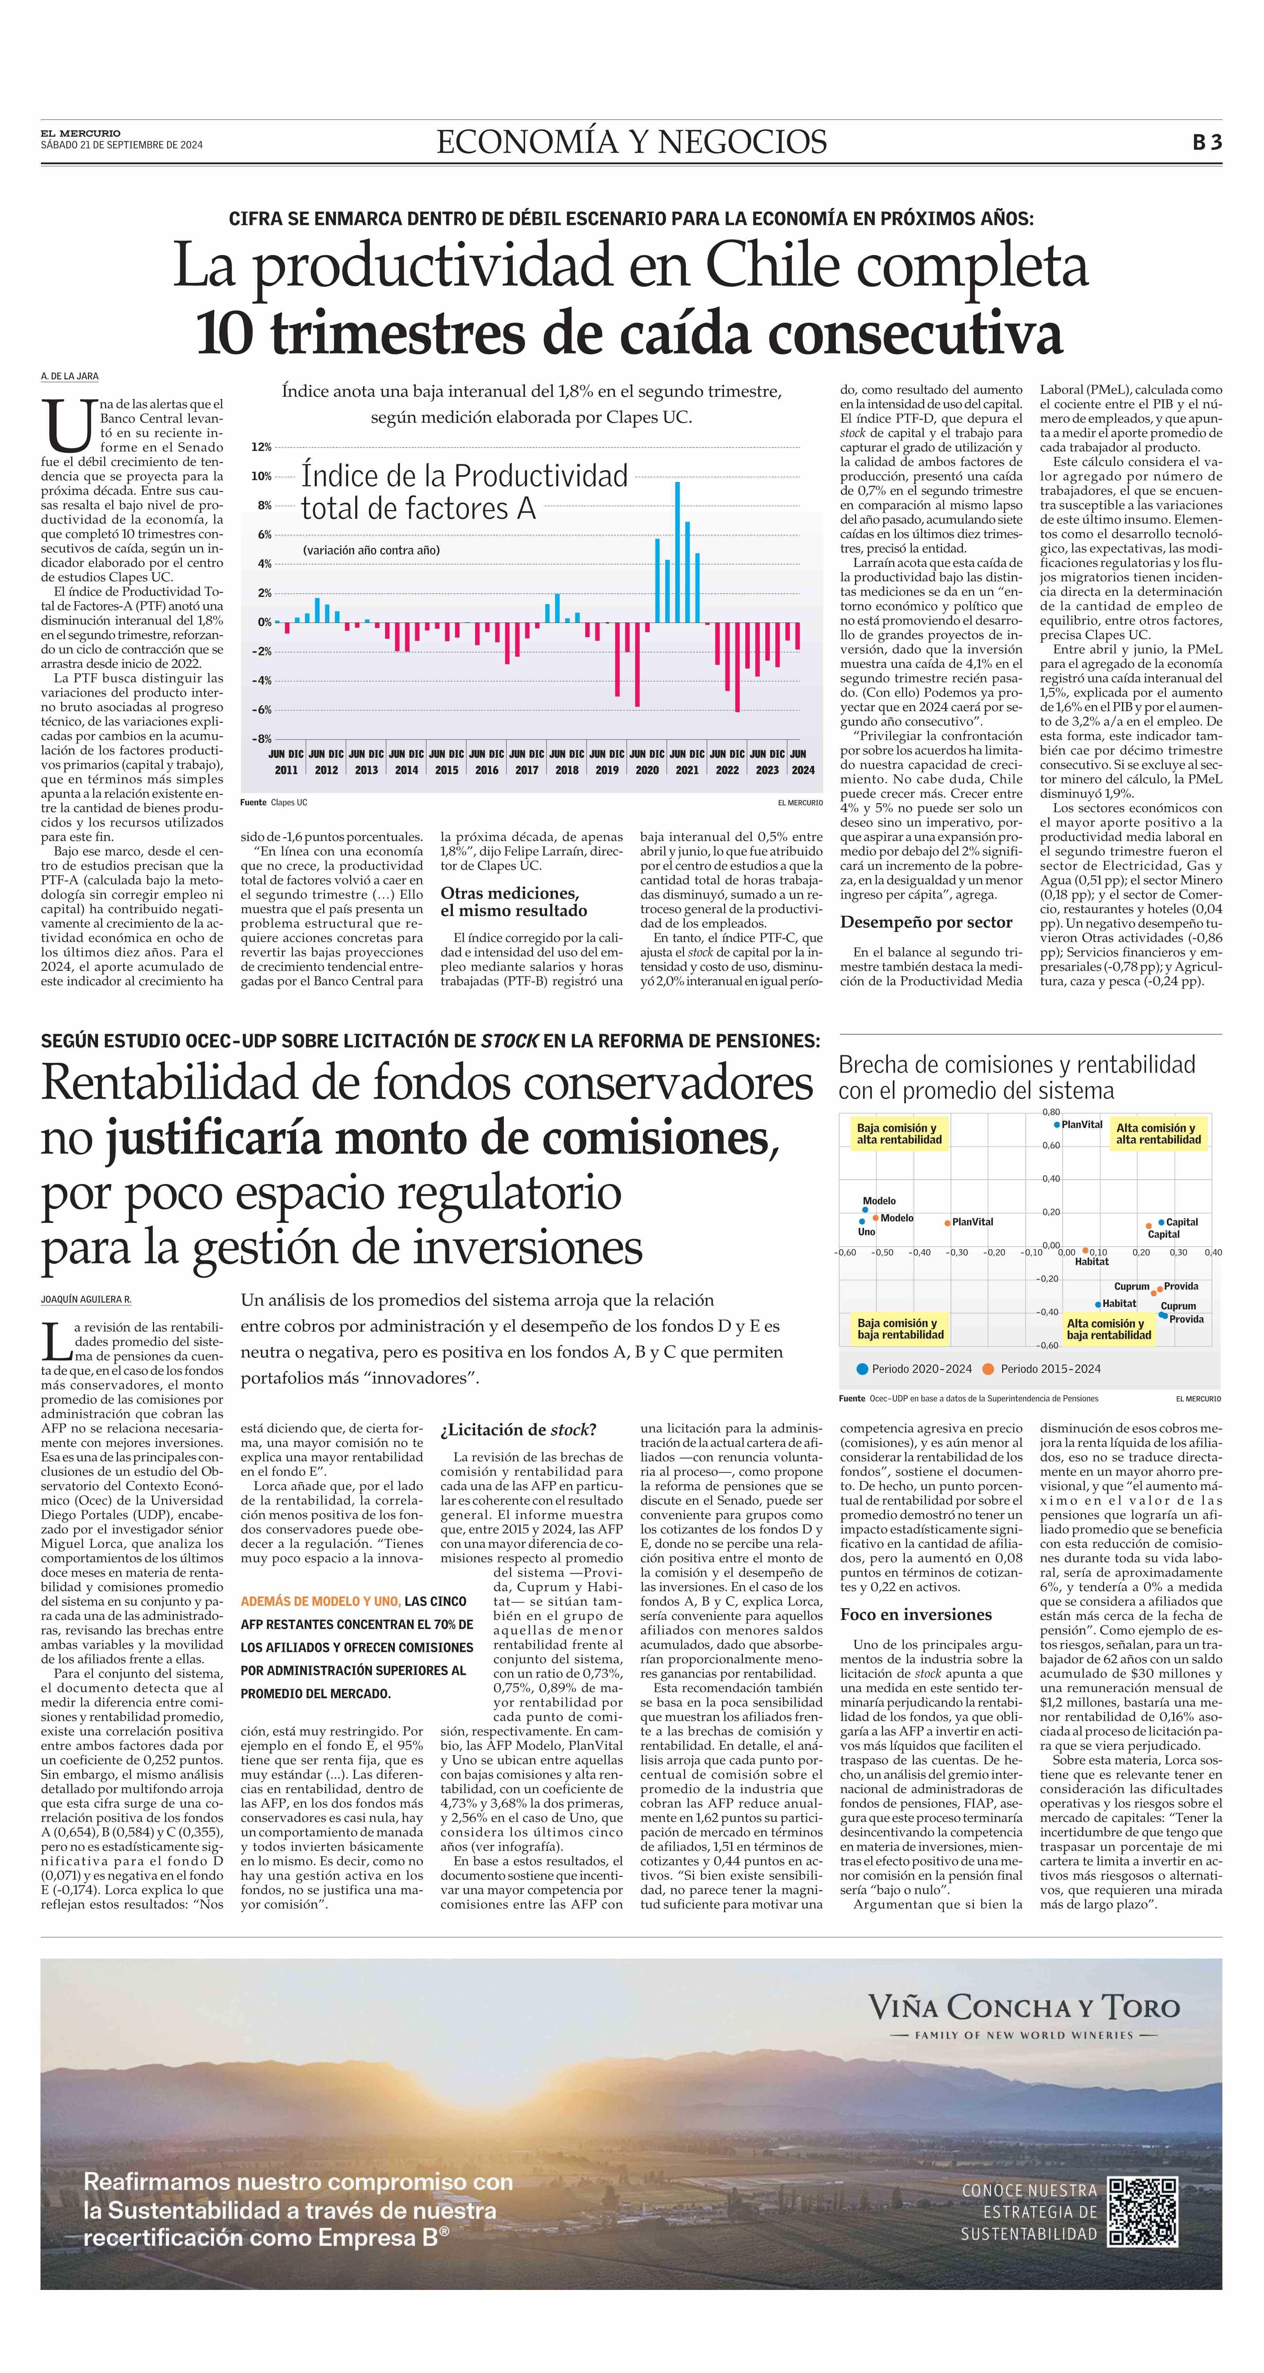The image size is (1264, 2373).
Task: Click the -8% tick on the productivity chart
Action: point(262,739)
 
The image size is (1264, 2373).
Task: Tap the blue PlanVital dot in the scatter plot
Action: point(1058,1125)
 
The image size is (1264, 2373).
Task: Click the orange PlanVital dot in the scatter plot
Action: point(947,1223)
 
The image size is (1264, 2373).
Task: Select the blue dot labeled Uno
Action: point(862,1221)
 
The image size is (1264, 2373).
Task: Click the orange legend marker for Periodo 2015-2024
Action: point(989,1369)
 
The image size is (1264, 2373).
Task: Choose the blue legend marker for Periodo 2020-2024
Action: point(862,1369)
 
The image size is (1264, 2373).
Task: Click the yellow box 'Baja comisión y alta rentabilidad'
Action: point(899,1133)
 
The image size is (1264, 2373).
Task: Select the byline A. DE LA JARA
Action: point(69,376)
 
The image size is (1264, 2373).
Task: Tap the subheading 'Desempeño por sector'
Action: point(926,922)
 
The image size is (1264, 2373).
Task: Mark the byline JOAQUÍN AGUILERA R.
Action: point(86,1299)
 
